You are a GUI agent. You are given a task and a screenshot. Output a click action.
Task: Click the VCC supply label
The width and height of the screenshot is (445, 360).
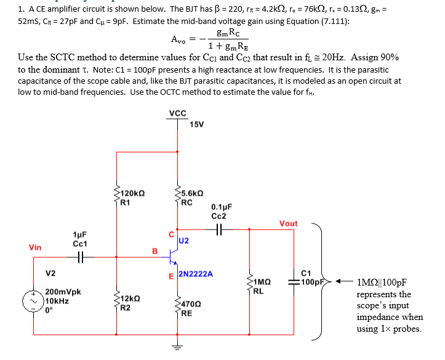point(177,113)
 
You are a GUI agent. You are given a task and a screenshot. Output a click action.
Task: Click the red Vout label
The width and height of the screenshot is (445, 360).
point(288,223)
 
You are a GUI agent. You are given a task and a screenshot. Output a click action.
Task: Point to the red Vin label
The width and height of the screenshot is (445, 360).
point(35,247)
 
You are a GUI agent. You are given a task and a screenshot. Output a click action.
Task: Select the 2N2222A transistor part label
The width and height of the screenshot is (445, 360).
point(196,274)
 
